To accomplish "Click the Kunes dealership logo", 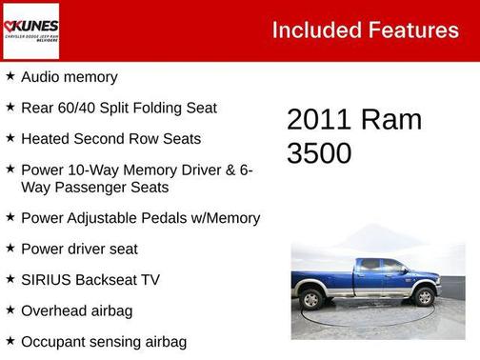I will point(31,30).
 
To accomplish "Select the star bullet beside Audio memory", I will point(10,76).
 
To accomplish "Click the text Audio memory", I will point(70,77).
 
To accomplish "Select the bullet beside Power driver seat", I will point(10,248).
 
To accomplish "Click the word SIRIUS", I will point(47,280).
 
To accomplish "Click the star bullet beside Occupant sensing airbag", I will point(10,340).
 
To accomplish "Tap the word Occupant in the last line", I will point(54,341).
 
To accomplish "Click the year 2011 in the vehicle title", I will point(319,120).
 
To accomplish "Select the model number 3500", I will point(319,153).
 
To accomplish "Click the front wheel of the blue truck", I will point(423,297).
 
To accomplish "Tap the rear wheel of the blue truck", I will point(312,299).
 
